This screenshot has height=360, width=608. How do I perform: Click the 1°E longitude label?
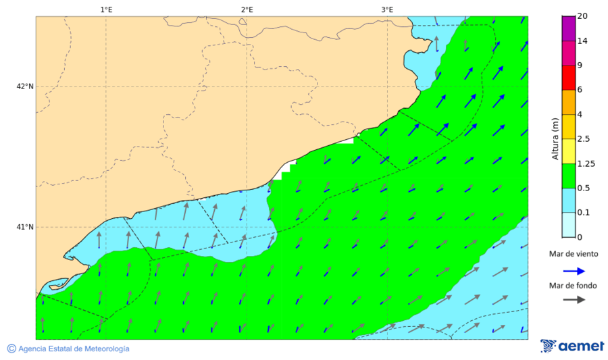click(106, 9)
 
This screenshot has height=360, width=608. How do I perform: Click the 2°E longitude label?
click(247, 9)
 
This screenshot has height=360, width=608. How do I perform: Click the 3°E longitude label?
click(387, 9)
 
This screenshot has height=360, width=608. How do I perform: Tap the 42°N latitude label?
click(25, 86)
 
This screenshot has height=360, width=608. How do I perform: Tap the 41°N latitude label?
click(25, 227)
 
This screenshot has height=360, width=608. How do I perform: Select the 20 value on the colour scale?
click(582, 17)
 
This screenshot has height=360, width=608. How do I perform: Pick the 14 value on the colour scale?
click(582, 41)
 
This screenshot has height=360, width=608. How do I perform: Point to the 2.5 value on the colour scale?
click(584, 139)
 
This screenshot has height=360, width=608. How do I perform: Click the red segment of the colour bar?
click(568, 78)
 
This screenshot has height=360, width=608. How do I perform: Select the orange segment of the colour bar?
click(568, 102)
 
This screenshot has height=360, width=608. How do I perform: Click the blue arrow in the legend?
click(574, 270)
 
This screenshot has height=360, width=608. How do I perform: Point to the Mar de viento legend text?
click(574, 254)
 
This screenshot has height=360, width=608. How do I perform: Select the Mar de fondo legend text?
click(574, 285)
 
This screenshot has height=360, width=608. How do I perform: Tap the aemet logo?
click(572, 346)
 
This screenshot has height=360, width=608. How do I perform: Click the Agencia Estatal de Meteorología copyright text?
click(68, 349)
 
